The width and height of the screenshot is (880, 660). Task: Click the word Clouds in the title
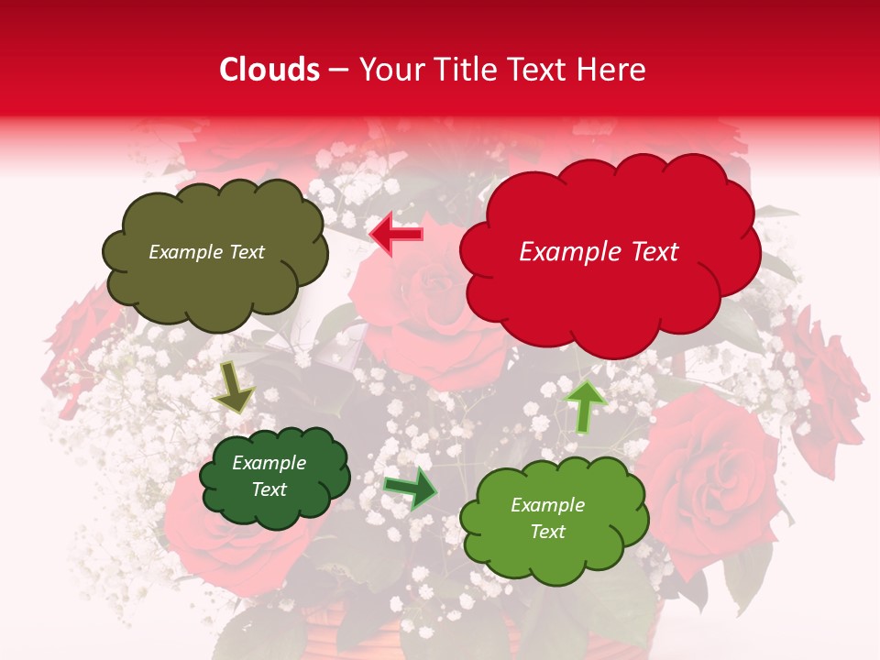click(269, 70)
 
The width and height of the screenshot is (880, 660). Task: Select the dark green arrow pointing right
click(410, 488)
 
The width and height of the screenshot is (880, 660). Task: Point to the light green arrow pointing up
click(584, 405)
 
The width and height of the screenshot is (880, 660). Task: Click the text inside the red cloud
click(599, 252)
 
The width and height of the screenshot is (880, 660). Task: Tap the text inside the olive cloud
click(206, 252)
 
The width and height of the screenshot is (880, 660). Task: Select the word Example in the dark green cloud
click(269, 463)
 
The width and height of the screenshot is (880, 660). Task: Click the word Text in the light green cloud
click(547, 532)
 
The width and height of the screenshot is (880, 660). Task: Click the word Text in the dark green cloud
click(269, 489)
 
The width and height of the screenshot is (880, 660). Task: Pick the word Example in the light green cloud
click(547, 505)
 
